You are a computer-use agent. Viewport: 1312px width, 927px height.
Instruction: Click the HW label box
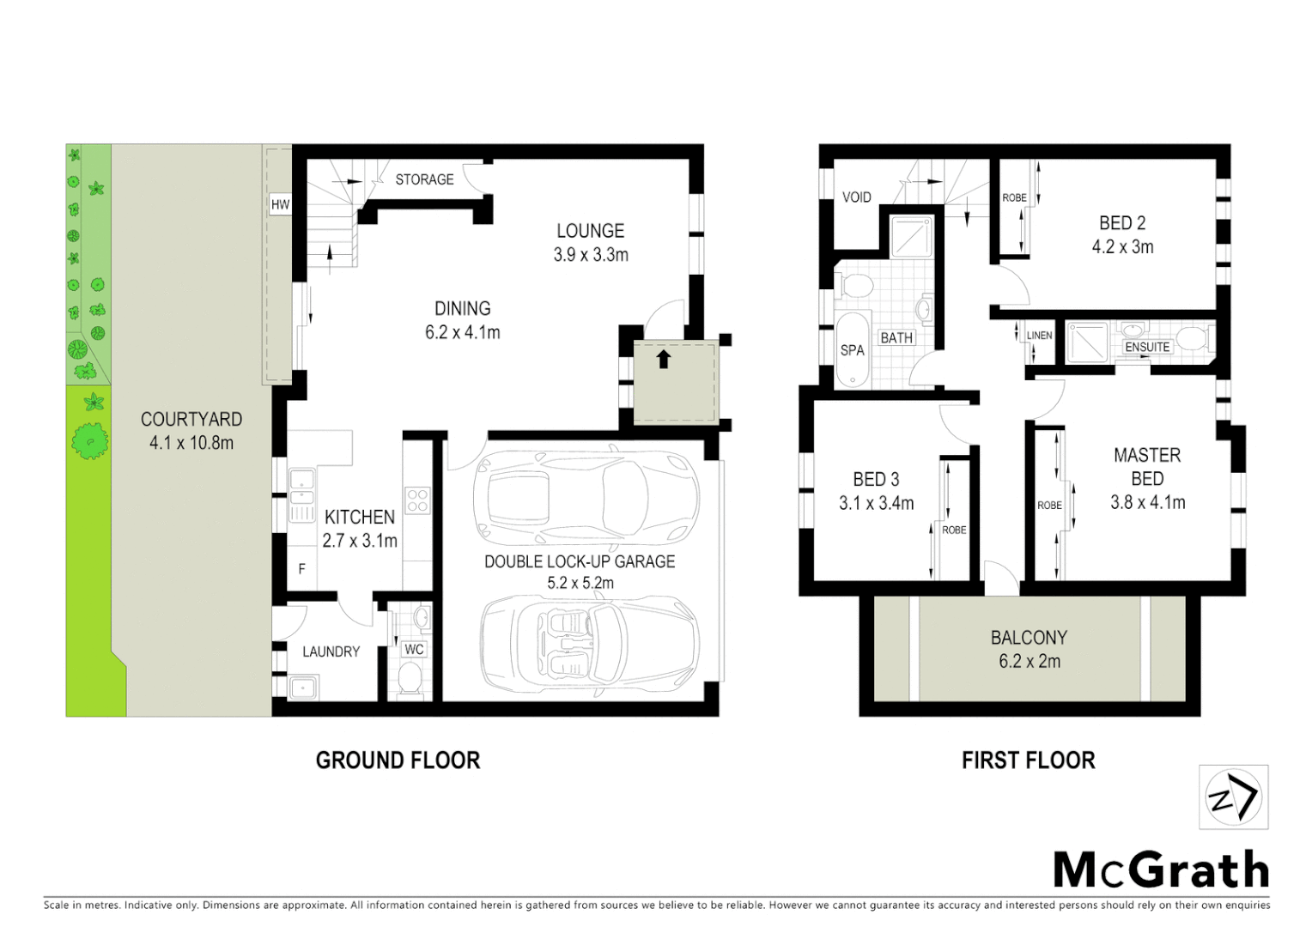[x=280, y=204]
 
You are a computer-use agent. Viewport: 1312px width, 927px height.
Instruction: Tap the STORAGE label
[x=424, y=179]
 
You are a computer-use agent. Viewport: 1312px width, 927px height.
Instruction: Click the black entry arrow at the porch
[x=663, y=359]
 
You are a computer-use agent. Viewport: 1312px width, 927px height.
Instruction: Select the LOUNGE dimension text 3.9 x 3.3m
[x=591, y=255]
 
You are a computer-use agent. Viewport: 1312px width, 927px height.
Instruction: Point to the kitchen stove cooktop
[x=417, y=500]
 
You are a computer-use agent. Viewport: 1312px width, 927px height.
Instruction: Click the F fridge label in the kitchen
[x=301, y=569]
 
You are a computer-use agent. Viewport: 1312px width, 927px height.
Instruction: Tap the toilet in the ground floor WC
[x=410, y=680]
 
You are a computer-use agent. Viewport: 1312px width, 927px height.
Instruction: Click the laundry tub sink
[x=302, y=688]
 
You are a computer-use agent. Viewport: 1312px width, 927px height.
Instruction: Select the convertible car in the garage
[x=588, y=644]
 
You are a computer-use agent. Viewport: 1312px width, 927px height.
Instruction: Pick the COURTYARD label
[x=191, y=419]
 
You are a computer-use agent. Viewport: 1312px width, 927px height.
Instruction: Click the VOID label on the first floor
[x=856, y=197]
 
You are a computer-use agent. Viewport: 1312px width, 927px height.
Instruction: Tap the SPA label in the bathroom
[x=852, y=350]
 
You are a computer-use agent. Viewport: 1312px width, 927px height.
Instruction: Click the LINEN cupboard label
[x=1039, y=336]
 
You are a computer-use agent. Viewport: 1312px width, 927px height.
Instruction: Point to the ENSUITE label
[x=1147, y=347]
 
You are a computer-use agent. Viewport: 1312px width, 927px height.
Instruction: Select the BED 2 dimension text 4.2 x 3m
[x=1122, y=247]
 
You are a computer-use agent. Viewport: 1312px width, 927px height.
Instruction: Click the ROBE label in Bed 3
[x=954, y=530]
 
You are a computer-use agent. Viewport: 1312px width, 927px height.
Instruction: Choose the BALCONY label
[x=1029, y=638]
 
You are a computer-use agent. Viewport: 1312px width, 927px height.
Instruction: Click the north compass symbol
[x=1233, y=797]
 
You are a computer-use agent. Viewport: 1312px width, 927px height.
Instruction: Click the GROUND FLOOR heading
[x=398, y=760]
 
